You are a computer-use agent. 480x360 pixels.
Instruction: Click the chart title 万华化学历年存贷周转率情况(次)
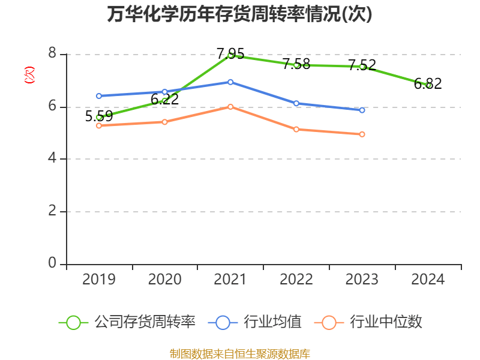click(x=240, y=14)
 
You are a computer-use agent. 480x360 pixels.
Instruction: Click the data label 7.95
click(x=230, y=54)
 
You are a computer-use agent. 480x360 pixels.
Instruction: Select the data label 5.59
click(x=99, y=116)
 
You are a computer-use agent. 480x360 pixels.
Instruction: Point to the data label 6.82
click(x=428, y=84)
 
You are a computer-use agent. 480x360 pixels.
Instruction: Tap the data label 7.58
click(x=296, y=64)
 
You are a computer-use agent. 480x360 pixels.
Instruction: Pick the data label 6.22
click(x=164, y=100)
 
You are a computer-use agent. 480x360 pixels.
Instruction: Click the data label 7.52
click(x=362, y=65)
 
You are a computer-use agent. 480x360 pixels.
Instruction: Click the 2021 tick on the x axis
click(x=230, y=280)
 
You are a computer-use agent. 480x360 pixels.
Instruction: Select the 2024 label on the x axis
click(x=428, y=280)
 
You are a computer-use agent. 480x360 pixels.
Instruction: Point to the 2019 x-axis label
click(x=99, y=280)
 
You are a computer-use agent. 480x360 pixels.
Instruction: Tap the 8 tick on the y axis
click(x=52, y=54)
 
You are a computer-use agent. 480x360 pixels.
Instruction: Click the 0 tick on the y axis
click(x=52, y=264)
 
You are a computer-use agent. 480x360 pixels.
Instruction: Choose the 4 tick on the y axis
click(x=52, y=159)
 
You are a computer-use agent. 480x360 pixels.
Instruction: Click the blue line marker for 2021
click(x=230, y=82)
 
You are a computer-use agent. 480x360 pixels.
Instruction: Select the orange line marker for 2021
click(x=230, y=106)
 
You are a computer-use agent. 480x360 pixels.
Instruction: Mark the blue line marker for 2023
click(x=362, y=110)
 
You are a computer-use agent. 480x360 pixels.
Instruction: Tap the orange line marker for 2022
click(x=296, y=129)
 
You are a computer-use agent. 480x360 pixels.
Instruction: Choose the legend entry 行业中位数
click(x=372, y=322)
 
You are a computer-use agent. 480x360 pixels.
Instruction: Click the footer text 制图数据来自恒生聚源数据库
click(x=240, y=353)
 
